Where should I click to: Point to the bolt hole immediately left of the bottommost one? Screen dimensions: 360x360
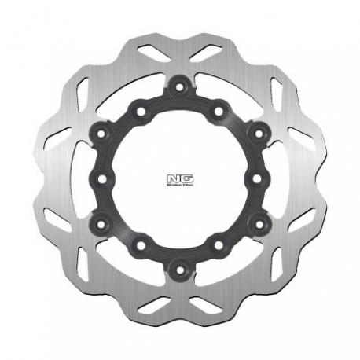click(x=140, y=245)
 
